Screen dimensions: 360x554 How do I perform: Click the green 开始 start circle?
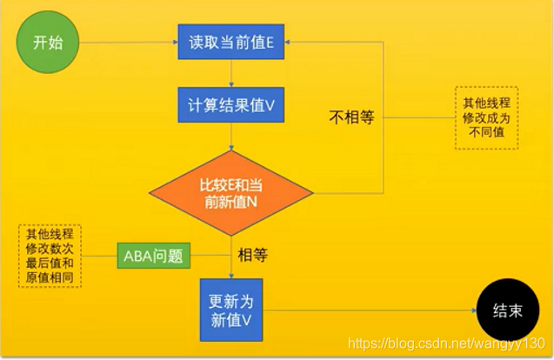(47, 41)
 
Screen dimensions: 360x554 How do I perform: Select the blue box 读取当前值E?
(230, 41)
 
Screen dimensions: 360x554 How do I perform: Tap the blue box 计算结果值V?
(230, 105)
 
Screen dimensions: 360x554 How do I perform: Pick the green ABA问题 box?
(154, 257)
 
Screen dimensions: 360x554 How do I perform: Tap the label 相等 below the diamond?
(252, 256)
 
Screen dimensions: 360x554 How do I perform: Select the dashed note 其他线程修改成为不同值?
(485, 117)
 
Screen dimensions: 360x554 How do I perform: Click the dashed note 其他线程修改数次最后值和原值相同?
(49, 256)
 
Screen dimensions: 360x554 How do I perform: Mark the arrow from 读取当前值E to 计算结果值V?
(230, 73)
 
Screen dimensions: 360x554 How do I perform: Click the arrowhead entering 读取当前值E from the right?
(290, 41)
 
